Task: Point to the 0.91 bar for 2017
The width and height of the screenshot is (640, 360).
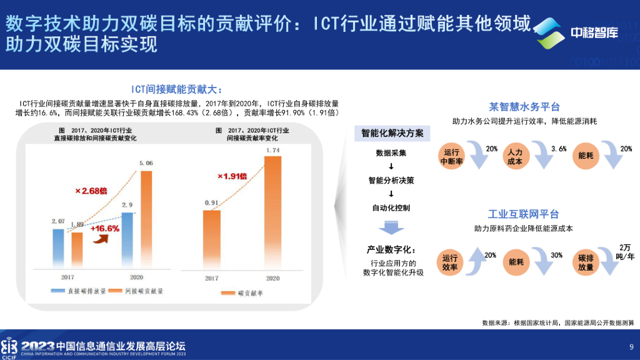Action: point(212,237)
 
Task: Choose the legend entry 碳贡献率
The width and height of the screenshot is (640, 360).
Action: point(247,292)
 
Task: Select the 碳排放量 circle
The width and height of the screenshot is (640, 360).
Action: point(586,262)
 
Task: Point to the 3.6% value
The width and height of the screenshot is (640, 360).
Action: point(559,149)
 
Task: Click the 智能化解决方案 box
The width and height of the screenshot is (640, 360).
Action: point(392,133)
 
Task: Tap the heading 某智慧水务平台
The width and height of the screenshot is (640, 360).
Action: point(524,106)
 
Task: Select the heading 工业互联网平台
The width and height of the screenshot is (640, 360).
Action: point(524,214)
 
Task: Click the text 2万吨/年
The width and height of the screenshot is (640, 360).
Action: point(626,252)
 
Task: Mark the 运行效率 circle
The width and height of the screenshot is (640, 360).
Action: point(450,262)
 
